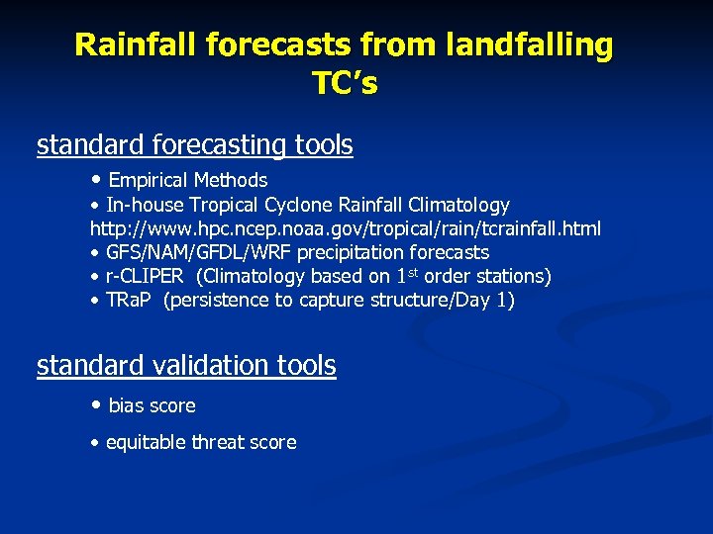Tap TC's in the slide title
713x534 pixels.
(345, 84)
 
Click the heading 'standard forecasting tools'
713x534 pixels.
(194, 145)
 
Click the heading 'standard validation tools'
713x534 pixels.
(186, 366)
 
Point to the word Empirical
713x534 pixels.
(149, 180)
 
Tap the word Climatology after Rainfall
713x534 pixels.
(453, 205)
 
